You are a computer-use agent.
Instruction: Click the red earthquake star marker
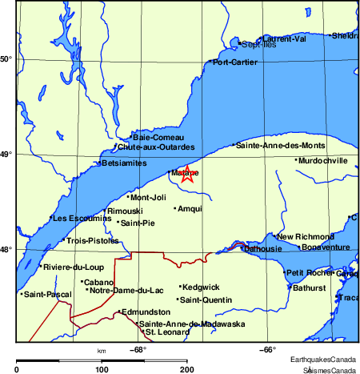(187, 175)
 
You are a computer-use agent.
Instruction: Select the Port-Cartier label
(235, 62)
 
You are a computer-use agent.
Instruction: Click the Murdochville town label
(323, 160)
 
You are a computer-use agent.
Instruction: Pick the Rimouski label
(125, 211)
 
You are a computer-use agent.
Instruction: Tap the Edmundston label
(146, 312)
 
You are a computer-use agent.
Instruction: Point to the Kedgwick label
(201, 287)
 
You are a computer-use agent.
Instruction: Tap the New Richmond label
(305, 237)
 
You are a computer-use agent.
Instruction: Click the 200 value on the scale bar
(186, 369)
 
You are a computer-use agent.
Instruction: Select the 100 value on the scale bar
(102, 369)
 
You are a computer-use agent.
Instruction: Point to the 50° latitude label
(6, 59)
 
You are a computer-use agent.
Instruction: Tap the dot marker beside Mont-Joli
(128, 197)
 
